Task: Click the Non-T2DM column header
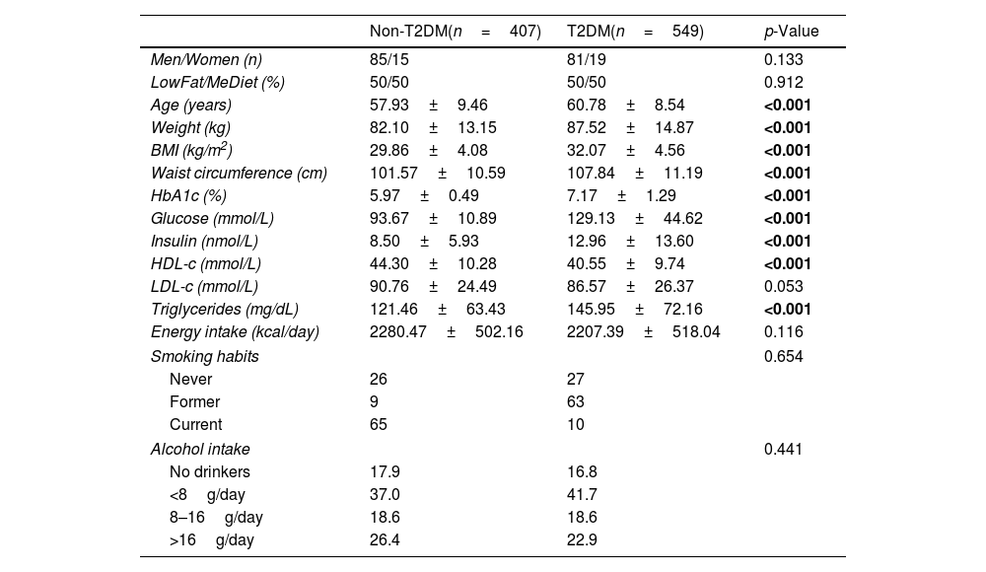click(x=455, y=32)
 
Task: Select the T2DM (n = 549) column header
click(x=635, y=32)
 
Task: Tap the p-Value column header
click(x=791, y=32)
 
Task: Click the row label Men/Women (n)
click(x=206, y=60)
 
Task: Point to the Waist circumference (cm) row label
click(x=238, y=174)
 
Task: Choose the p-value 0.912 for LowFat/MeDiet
click(x=783, y=83)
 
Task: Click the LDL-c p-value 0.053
click(x=783, y=287)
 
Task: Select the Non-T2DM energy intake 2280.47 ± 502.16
click(x=446, y=332)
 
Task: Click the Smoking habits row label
click(x=204, y=356)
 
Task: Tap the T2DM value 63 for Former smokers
click(x=576, y=402)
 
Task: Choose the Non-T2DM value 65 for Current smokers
click(x=379, y=425)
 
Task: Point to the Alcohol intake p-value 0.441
click(x=783, y=449)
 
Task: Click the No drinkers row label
click(x=210, y=471)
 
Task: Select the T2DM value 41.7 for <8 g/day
click(x=582, y=494)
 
